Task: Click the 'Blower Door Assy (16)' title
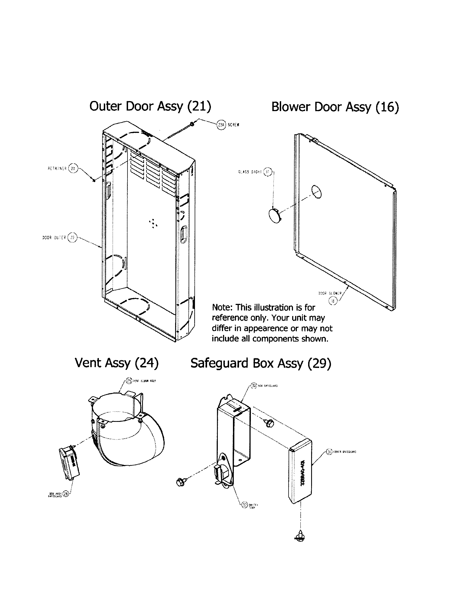335,107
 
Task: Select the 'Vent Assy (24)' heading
116,363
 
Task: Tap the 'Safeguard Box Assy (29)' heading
261,364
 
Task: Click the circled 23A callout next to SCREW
221,125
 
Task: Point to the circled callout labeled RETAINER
73,168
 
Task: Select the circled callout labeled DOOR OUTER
72,237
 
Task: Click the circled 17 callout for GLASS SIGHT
267,172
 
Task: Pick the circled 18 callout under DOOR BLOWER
333,301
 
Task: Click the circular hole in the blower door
316,192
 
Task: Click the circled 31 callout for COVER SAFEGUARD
329,452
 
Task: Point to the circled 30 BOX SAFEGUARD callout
254,386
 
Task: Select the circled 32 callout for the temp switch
244,505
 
